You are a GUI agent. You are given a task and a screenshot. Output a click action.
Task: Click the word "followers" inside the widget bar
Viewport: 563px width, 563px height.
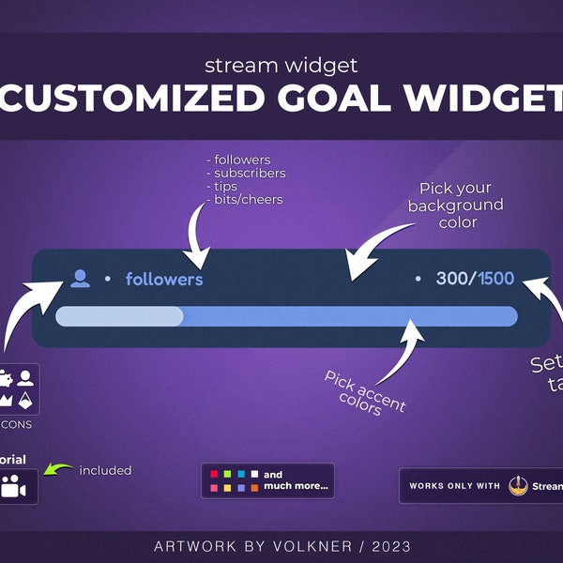click(x=164, y=280)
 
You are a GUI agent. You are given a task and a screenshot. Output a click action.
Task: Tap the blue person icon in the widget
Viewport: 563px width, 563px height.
click(x=81, y=279)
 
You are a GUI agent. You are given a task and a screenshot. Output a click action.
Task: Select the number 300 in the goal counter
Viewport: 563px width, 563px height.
click(x=452, y=279)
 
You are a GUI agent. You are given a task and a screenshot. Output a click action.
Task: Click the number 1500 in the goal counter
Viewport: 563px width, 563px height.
click(x=496, y=279)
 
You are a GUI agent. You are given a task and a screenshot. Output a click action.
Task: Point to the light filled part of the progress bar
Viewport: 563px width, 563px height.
click(x=119, y=317)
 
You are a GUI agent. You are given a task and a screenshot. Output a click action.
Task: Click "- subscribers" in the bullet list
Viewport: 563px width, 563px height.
click(x=246, y=173)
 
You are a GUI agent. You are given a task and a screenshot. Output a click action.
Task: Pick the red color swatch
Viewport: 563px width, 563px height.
click(x=215, y=474)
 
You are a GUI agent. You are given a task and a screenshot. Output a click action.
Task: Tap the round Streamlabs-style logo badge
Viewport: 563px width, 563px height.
click(x=518, y=486)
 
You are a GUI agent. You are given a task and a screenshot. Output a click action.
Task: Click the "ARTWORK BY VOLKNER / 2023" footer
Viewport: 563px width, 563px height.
click(x=281, y=546)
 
